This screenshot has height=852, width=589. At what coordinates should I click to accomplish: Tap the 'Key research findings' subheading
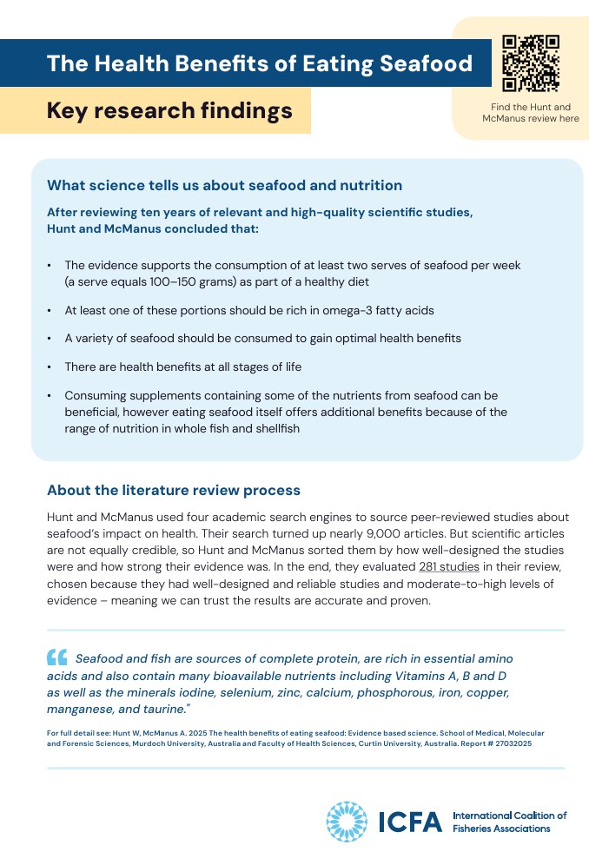(x=169, y=111)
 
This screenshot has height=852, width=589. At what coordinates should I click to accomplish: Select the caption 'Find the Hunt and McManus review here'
(x=531, y=113)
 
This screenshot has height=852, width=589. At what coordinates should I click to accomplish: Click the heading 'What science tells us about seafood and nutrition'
(x=224, y=185)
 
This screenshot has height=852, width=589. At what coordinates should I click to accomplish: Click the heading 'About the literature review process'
(x=174, y=490)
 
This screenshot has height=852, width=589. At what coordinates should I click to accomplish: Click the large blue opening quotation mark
(x=57, y=657)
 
